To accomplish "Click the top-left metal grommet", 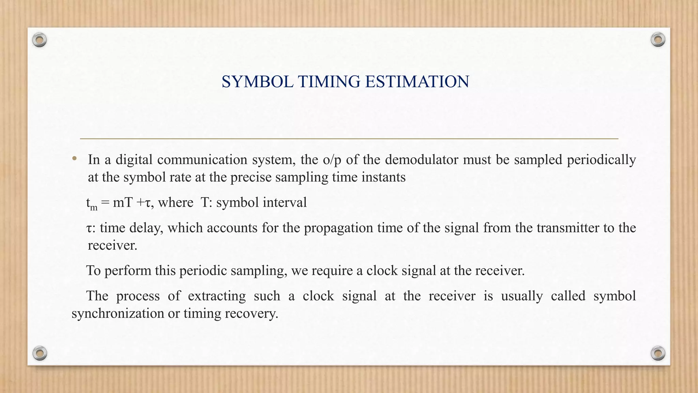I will point(40,40).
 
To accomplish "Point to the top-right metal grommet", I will point(658,40).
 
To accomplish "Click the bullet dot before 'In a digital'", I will point(74,158).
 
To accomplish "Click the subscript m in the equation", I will point(94,207).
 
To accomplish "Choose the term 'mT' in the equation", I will point(122,203).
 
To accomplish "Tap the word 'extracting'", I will point(217,296).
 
